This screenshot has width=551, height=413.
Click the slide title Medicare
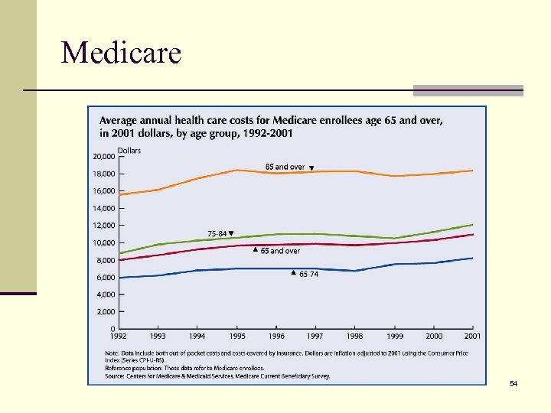tap(121, 53)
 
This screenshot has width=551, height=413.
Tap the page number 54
tap(514, 382)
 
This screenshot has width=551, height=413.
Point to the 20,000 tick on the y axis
tap(103, 156)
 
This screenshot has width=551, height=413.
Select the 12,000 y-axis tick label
tap(103, 226)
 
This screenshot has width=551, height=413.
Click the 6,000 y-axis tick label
tap(106, 278)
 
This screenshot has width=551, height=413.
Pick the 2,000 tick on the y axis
tap(106, 312)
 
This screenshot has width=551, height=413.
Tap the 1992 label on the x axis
tap(119, 337)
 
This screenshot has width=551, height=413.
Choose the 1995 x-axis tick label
tap(237, 337)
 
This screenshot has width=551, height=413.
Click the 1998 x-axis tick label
tap(354, 337)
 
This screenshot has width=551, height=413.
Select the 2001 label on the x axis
tap(472, 337)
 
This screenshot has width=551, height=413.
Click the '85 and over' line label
tap(285, 167)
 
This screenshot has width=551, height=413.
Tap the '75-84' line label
tap(217, 233)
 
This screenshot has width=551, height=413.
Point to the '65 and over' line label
tap(280, 251)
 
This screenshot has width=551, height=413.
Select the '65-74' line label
tap(308, 274)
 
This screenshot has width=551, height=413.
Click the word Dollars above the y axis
tap(129, 151)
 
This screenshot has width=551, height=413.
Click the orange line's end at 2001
tap(472, 171)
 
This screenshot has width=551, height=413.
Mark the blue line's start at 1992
tap(119, 278)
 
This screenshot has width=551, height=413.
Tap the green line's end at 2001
tap(472, 225)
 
